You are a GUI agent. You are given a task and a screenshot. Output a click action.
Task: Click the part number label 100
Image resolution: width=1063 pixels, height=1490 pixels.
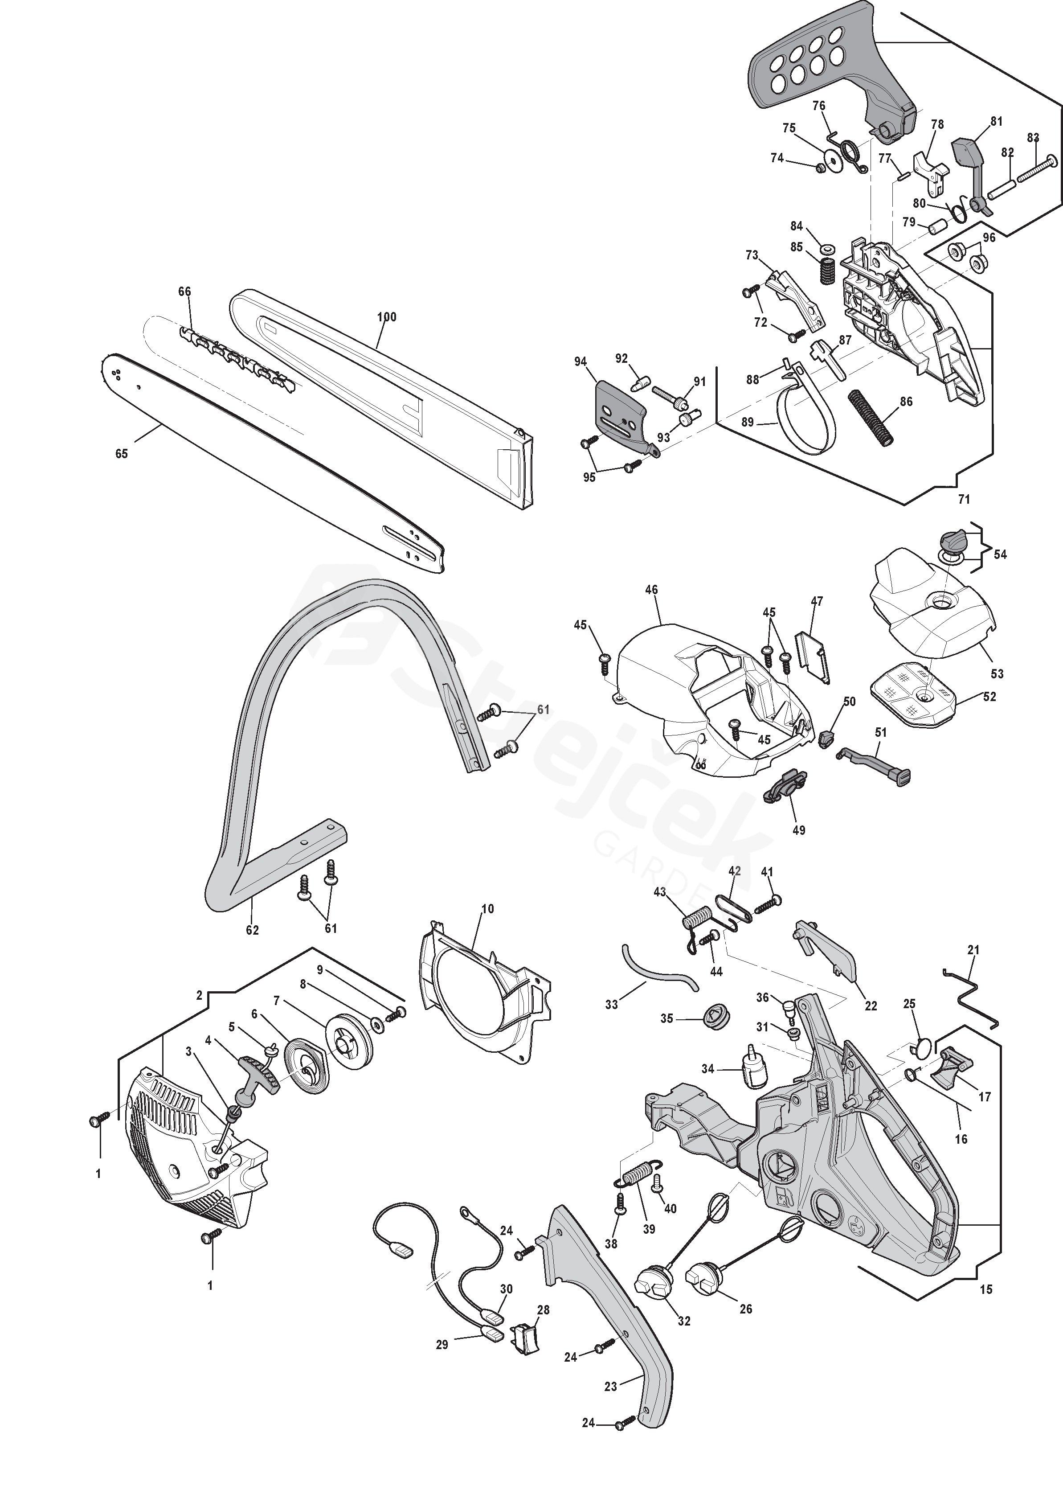[387, 317]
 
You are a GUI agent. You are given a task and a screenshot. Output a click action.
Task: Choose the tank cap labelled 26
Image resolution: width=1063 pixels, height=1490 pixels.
[704, 1278]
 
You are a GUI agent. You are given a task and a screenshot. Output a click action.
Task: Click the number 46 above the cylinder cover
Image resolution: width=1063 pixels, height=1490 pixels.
[651, 590]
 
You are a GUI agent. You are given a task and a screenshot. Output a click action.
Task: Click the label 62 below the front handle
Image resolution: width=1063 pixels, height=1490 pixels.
[252, 930]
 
